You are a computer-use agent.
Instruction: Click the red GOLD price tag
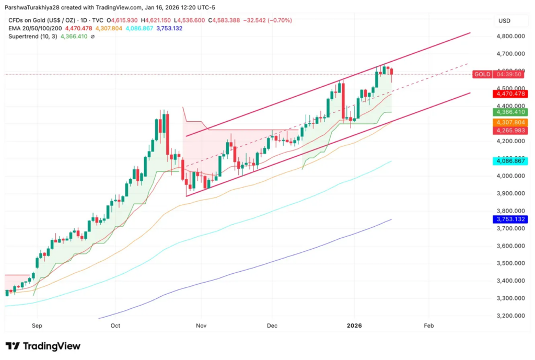[481, 74]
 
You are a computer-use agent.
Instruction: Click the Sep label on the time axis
[37, 325]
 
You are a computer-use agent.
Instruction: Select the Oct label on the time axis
[115, 325]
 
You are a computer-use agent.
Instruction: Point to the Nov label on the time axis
[202, 325]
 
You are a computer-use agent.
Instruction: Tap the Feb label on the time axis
[428, 325]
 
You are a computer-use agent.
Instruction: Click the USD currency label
[505, 20]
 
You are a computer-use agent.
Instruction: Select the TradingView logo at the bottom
[43, 346]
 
